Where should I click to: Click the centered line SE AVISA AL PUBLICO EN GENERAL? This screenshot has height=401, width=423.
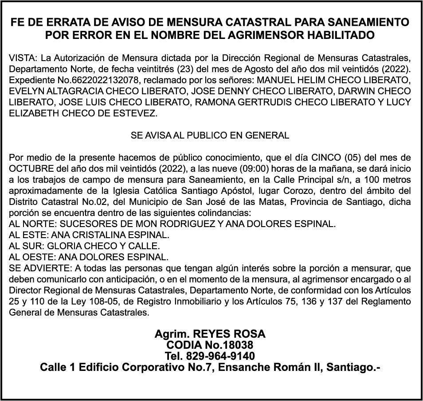click(x=210, y=135)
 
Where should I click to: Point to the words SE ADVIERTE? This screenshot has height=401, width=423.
click(x=38, y=268)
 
